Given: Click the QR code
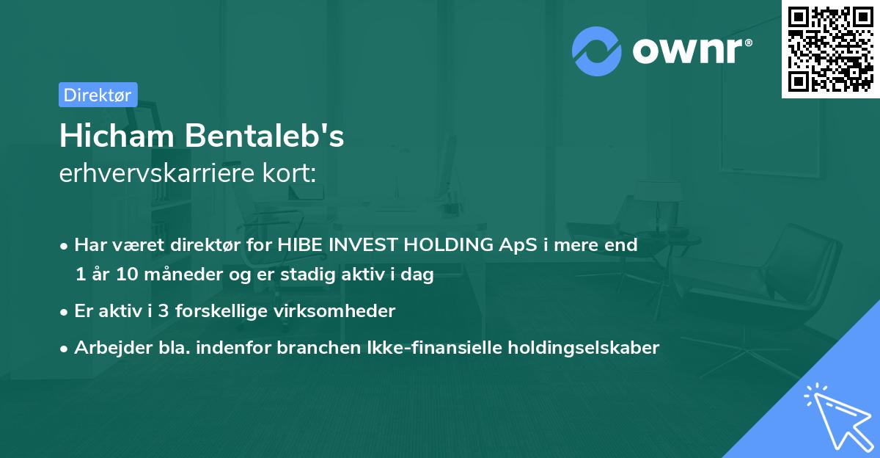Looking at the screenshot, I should tap(830, 49).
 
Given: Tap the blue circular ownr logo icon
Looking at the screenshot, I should tap(597, 51).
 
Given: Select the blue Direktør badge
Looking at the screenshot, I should tap(98, 95).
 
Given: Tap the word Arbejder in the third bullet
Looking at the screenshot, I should tap(107, 348).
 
